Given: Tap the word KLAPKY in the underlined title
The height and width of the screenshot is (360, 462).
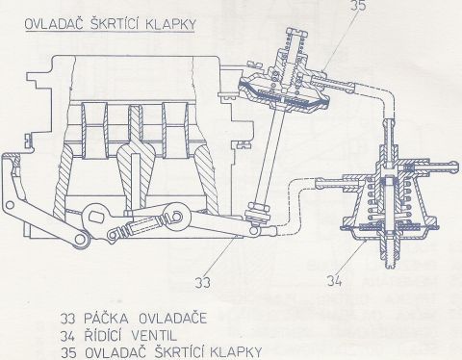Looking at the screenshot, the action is point(170,24).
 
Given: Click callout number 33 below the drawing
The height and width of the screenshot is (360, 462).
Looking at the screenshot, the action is point(203,282).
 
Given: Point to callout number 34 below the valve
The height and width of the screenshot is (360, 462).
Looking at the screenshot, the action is point(334,281).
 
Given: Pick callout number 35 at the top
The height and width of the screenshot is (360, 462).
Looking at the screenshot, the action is point(358,5).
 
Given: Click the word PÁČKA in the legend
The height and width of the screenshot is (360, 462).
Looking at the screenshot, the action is point(106,319).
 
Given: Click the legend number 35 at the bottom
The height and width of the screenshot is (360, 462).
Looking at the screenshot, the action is point(68,353).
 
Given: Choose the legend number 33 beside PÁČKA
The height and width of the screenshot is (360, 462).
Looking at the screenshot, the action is point(67,319).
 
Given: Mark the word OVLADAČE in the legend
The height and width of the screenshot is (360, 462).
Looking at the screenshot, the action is point(173,319).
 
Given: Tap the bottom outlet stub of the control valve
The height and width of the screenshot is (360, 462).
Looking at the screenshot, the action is point(390,257).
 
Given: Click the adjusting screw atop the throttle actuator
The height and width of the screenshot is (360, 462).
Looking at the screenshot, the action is point(295,34).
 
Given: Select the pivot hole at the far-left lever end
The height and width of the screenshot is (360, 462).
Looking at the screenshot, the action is point(10,205).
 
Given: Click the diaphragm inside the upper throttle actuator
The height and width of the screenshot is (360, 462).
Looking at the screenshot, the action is point(283,95).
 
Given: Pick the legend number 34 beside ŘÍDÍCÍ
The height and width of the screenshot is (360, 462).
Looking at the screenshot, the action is point(67,336).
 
